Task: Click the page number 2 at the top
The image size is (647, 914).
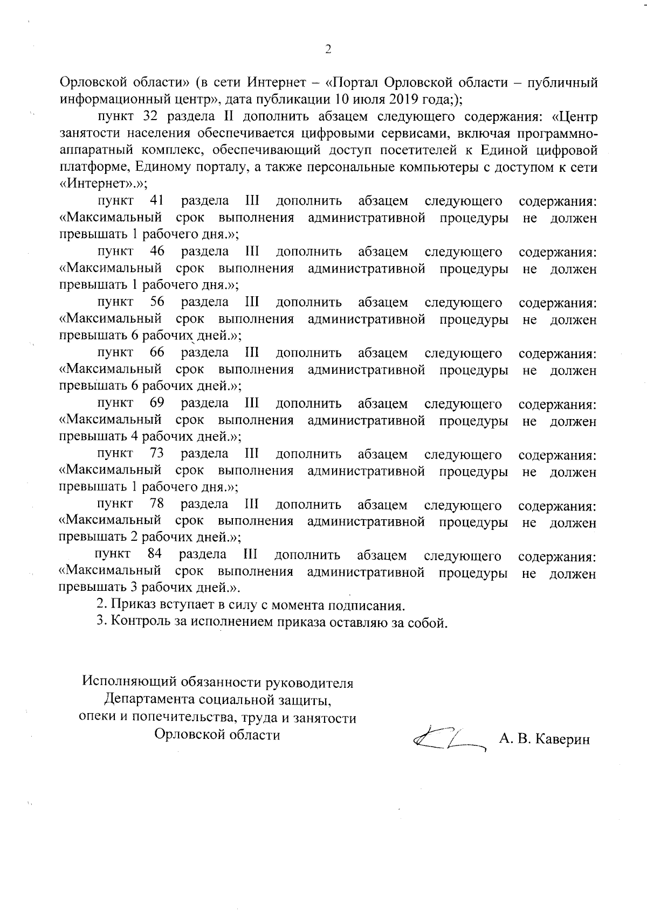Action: [x=327, y=50]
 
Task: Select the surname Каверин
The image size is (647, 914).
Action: [x=561, y=739]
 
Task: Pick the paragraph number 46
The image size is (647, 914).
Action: [x=157, y=251]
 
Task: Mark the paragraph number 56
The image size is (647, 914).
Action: [x=157, y=302]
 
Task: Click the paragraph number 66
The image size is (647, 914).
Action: [x=157, y=352]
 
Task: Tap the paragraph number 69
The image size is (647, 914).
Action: [x=157, y=403]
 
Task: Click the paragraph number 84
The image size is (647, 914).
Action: [x=155, y=554]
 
